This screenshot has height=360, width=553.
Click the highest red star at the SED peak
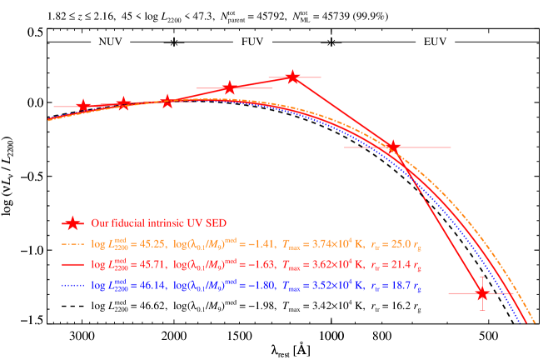[x=292, y=77]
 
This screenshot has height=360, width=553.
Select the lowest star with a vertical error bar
[x=482, y=293]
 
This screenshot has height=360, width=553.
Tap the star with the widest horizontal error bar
[x=393, y=147]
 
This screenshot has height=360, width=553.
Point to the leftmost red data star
[x=83, y=106]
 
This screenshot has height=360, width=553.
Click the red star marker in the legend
[x=73, y=223]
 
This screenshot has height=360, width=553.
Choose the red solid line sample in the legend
[x=73, y=264]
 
